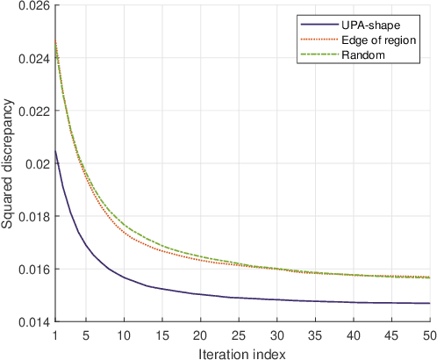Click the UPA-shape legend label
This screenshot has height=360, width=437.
[x=367, y=25]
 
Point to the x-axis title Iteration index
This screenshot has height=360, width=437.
[x=243, y=351]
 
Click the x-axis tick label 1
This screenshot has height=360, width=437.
[x=54, y=334]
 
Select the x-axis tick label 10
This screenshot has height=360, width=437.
[x=124, y=334]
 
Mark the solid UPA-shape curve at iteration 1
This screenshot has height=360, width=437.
[x=54, y=151]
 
